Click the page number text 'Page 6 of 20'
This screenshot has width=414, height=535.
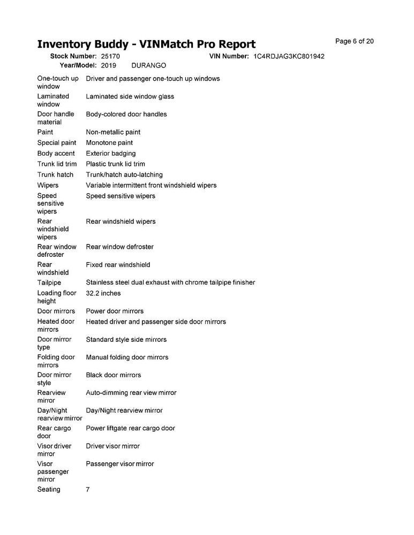pos(354,41)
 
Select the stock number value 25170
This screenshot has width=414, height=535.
pos(110,56)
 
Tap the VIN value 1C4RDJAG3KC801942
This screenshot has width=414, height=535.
pos(289,56)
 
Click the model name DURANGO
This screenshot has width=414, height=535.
pos(148,65)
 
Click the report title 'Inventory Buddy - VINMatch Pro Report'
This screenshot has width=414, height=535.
pos(146,44)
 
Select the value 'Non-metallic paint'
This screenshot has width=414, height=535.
pos(113,132)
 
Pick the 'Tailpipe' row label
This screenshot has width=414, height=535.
pos(49,282)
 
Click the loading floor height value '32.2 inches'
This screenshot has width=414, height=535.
pos(103,293)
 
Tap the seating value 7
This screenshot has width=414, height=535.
pos(88,490)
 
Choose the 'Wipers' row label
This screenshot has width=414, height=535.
pos(48,186)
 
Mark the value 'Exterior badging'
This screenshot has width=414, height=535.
pos(111,154)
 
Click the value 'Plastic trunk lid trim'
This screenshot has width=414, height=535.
pos(115,164)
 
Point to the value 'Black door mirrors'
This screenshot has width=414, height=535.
pos(114,375)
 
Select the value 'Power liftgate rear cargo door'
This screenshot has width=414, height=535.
pos(130,429)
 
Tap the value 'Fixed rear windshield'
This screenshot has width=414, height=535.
pos(118,265)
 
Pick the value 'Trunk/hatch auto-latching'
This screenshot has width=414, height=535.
pos(124,175)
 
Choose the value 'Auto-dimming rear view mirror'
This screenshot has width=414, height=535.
pos(131,393)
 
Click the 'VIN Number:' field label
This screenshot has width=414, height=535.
pos(227,56)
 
